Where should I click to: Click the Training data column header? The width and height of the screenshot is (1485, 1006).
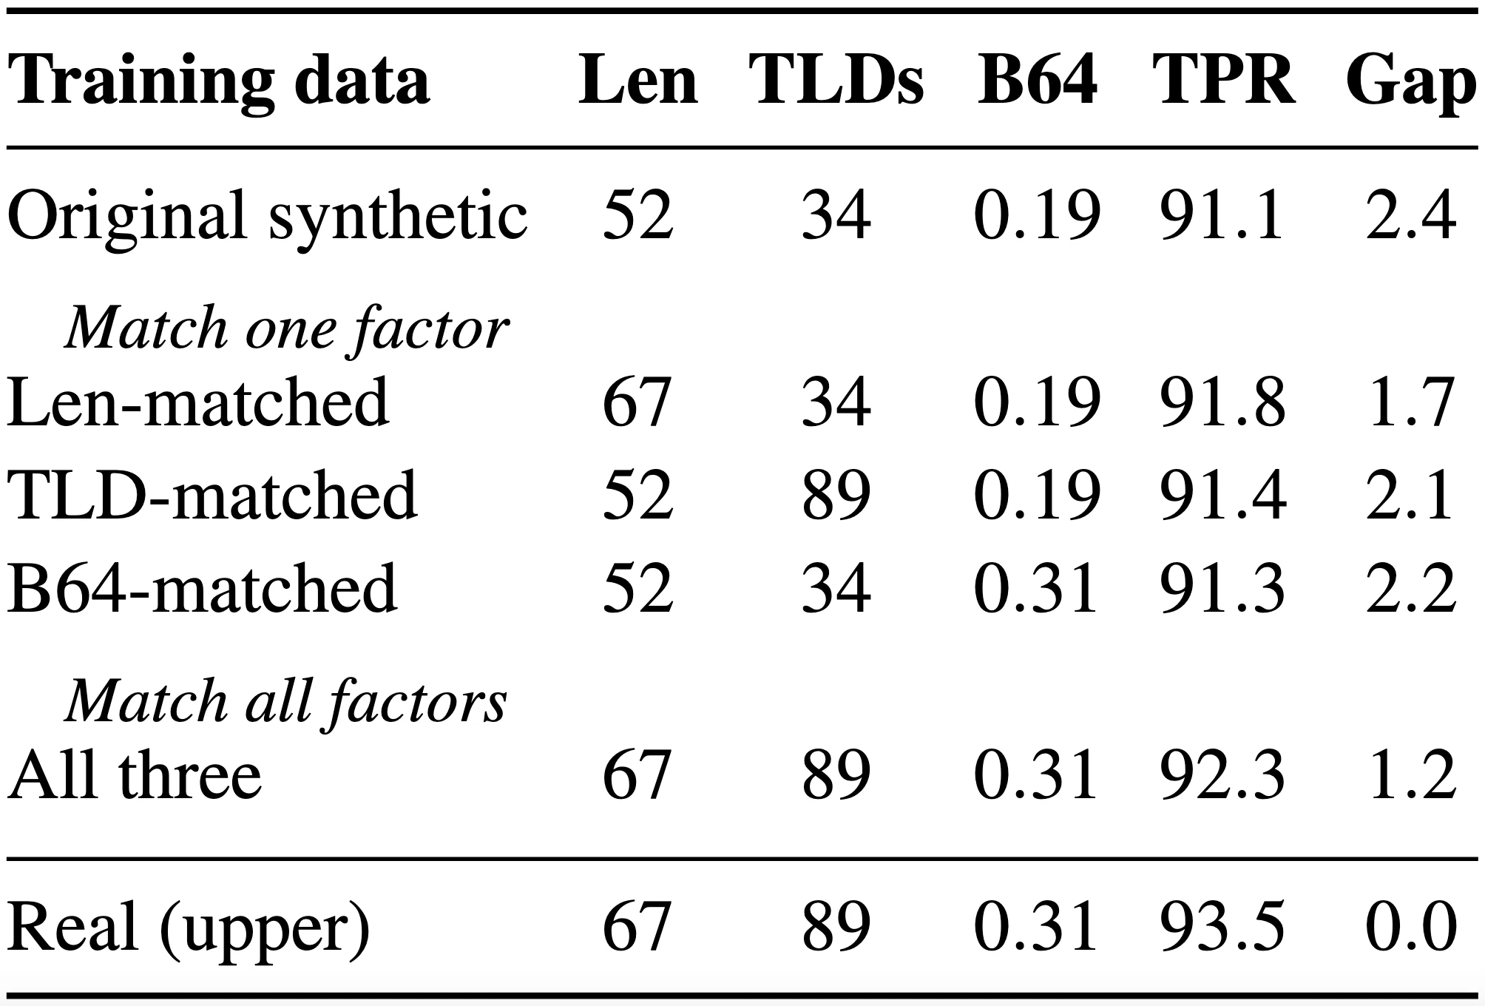[218, 84]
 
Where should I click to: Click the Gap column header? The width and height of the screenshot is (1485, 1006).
[1411, 84]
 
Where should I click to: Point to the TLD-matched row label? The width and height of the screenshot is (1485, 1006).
[212, 495]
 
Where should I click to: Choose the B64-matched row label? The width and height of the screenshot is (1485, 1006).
[202, 588]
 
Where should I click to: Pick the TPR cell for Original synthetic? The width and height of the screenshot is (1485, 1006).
[1220, 215]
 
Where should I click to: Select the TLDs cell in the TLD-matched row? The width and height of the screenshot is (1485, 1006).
[836, 495]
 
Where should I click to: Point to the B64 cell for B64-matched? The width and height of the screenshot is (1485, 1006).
[1035, 588]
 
